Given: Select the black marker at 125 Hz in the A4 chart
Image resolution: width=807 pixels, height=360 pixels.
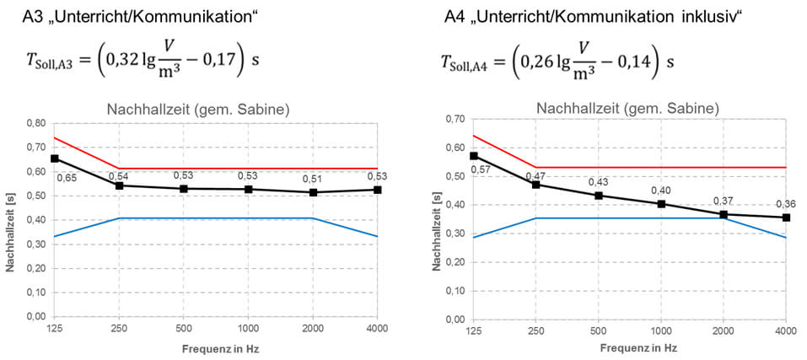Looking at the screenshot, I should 474,156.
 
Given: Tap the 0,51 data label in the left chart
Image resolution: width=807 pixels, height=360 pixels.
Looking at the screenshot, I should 313,178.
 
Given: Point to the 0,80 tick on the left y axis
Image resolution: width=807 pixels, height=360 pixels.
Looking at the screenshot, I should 34,122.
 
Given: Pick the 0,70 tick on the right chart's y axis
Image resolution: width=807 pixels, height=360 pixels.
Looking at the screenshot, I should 454,119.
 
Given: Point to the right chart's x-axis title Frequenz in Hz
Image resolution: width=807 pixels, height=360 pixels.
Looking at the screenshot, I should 630,347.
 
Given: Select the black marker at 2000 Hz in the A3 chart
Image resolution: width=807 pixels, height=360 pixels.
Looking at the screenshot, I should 313,192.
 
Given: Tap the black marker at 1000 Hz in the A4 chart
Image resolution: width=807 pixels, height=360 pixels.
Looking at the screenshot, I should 661,204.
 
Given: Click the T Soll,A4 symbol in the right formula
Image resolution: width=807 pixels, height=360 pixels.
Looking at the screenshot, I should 465,63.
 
